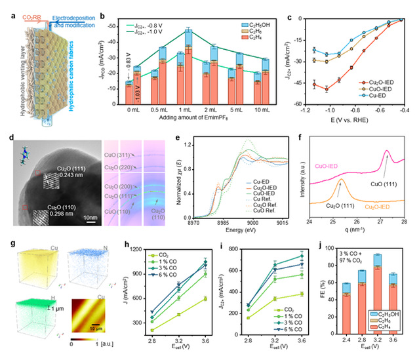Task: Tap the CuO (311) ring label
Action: [x=121, y=155]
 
